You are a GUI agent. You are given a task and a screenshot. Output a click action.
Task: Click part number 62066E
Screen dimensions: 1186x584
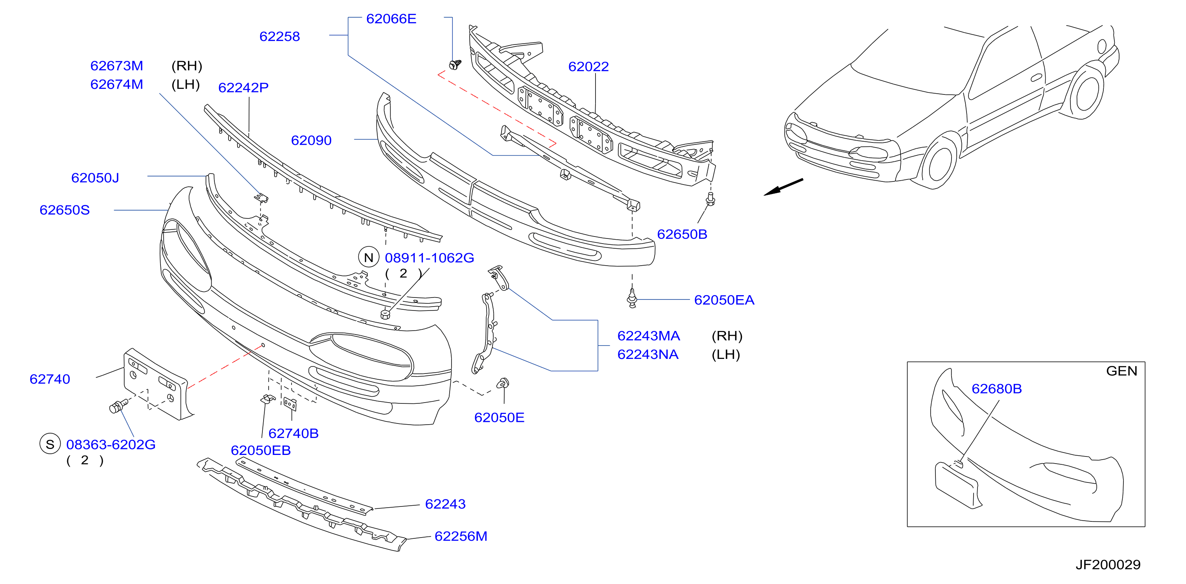coord(391,19)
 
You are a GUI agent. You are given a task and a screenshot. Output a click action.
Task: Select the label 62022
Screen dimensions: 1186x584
coord(588,67)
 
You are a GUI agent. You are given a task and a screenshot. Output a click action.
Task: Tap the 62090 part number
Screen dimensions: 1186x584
coord(311,140)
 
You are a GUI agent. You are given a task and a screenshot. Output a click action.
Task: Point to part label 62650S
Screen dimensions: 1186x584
coord(65,210)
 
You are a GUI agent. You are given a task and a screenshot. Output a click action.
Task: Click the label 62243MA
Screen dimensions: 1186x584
coord(649,336)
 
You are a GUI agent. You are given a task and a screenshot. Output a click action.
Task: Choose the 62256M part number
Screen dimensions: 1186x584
coord(461,536)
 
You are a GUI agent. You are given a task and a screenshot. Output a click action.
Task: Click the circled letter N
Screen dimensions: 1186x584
coord(368,257)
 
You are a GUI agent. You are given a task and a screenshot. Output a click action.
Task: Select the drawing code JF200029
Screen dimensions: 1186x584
coord(1108,565)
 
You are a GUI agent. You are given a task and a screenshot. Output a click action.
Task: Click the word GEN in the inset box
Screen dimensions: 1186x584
coord(1121,371)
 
